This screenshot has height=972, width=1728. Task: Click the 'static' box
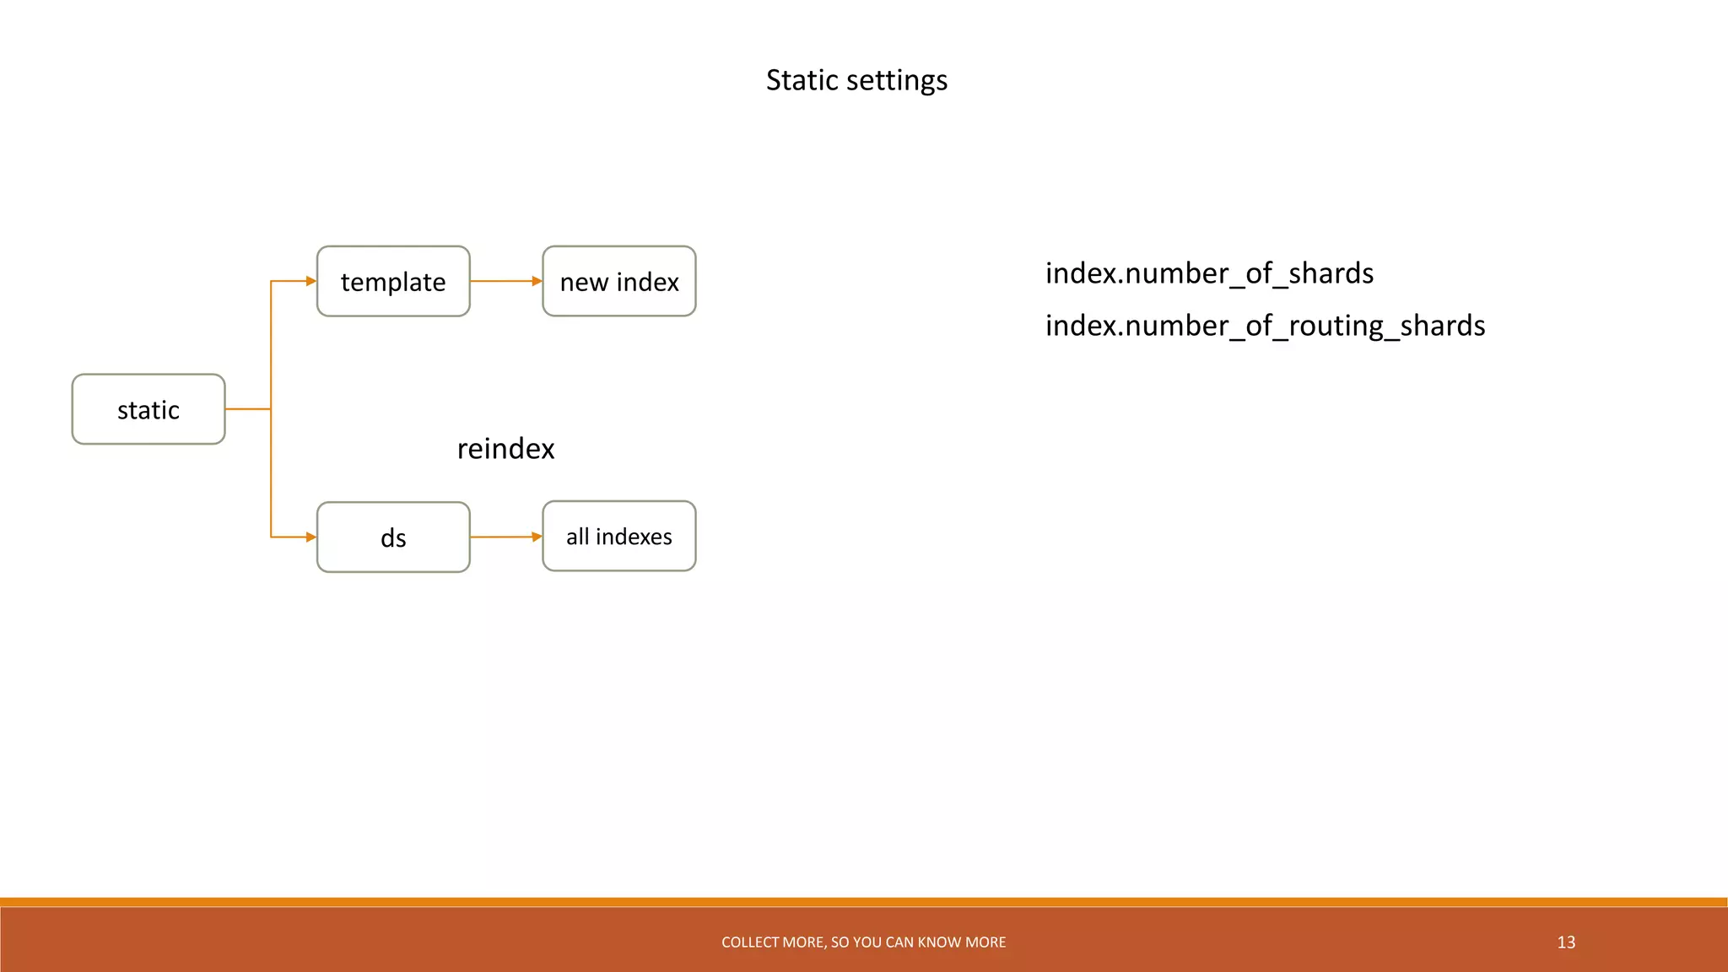(x=148, y=409)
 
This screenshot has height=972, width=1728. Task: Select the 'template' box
(x=393, y=282)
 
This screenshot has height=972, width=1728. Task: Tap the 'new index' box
(x=619, y=282)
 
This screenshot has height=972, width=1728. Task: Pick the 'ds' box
(x=393, y=537)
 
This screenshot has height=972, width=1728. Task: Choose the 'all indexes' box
(x=619, y=537)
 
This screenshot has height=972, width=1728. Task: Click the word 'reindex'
(x=505, y=449)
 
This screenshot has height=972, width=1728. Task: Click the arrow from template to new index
(x=505, y=281)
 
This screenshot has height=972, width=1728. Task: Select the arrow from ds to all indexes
(x=505, y=537)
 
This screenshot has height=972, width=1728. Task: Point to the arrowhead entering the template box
(x=310, y=281)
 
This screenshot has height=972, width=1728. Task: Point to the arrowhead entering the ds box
(x=310, y=537)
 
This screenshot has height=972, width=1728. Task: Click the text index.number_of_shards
(x=1209, y=273)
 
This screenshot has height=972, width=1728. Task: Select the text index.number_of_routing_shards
(x=1265, y=326)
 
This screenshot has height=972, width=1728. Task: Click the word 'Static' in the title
(x=802, y=80)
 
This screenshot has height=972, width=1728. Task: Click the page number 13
(x=1566, y=942)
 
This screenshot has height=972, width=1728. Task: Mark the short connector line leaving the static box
(x=247, y=409)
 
